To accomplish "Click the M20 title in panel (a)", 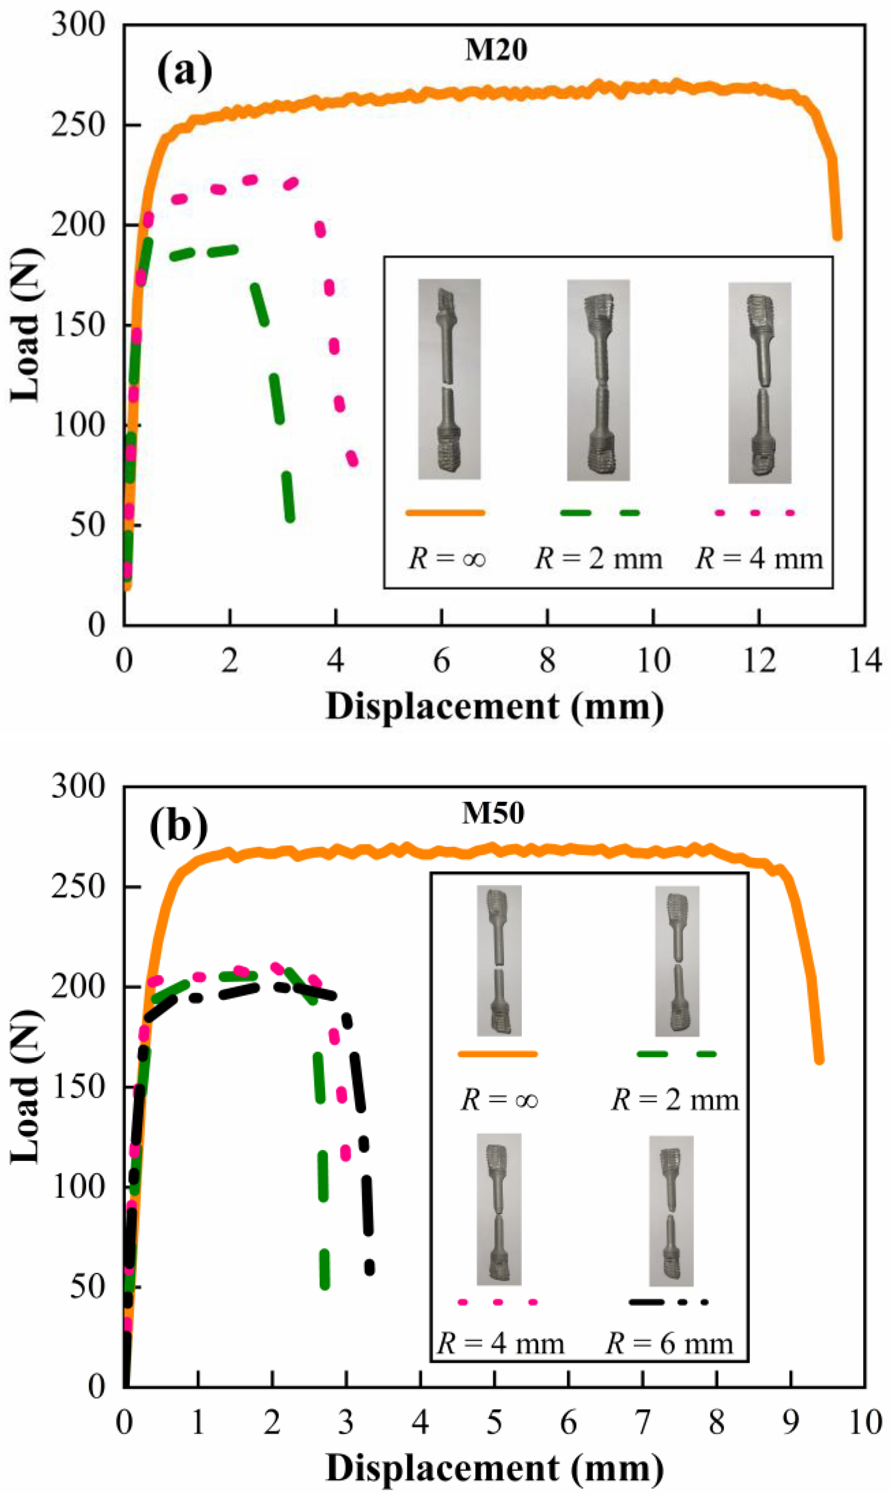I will [496, 50].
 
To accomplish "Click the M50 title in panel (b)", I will [493, 814].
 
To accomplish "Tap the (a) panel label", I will [184, 71].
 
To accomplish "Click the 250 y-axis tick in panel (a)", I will [78, 126].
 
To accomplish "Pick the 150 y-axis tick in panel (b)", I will [78, 1087].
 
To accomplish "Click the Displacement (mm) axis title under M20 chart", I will [495, 707].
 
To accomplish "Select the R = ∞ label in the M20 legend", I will [447, 559].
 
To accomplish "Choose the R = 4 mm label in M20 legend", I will [759, 559].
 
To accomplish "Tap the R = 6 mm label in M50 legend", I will [669, 1344].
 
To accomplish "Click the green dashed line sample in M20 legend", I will [599, 513].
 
